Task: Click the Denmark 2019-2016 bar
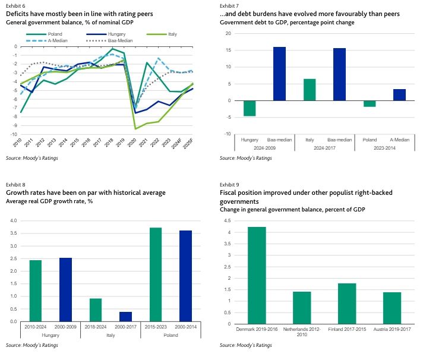(257, 275)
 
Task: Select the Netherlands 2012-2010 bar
(302, 308)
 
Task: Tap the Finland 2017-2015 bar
(347, 304)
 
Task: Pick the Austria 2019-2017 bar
(392, 308)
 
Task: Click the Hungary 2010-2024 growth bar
(36, 290)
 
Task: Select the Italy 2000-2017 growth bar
(126, 317)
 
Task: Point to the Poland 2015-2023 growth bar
(156, 274)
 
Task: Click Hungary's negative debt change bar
(250, 108)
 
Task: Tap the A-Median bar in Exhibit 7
(399, 95)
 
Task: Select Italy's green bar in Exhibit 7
(310, 90)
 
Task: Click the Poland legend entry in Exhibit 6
(44, 34)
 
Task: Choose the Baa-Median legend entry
(109, 41)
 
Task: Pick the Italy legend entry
(162, 34)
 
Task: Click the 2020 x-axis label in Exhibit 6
(132, 143)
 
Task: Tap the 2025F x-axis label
(188, 144)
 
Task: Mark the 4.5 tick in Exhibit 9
(228, 220)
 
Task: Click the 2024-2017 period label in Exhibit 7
(324, 148)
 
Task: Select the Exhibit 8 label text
(15, 185)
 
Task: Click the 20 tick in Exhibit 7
(228, 33)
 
